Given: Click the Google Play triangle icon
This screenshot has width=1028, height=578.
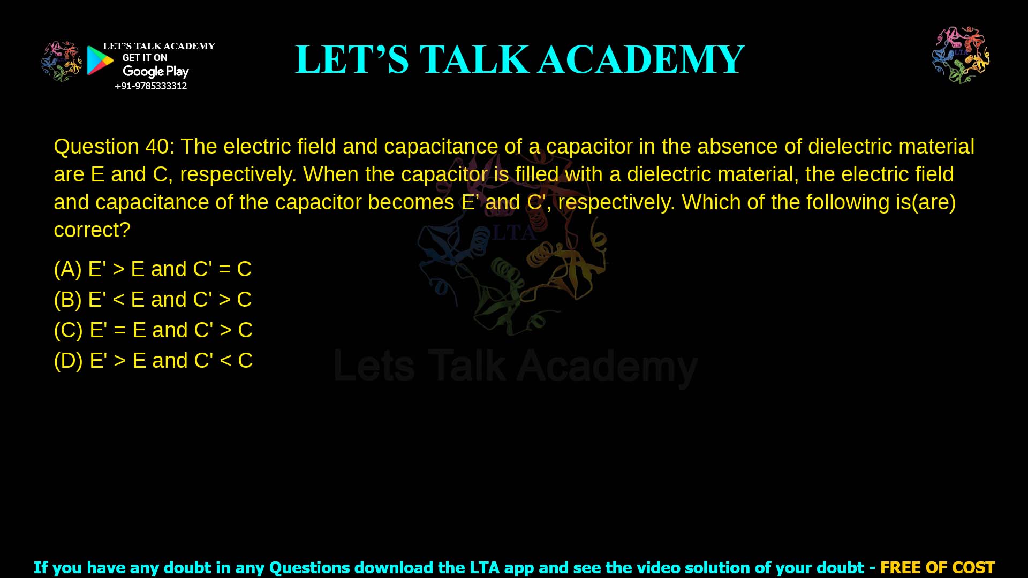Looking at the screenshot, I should coord(100,60).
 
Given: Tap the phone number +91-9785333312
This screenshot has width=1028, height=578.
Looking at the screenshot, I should coord(150,86).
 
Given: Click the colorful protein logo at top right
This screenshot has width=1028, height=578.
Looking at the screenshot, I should coord(961,55).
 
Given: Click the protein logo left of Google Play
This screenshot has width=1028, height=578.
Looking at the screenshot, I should coord(61,62).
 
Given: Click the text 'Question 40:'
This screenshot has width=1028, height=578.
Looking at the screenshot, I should coord(114,147).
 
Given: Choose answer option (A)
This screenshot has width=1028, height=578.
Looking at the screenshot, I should coord(153,269).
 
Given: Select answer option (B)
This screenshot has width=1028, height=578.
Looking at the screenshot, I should coord(153,300).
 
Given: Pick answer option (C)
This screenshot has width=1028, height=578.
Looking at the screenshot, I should coord(153,330).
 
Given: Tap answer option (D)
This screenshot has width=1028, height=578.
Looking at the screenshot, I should coord(153,361).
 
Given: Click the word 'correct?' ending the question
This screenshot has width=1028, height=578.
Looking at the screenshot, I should coord(92,230).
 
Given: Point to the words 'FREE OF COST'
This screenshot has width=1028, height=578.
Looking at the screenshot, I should coord(937,567).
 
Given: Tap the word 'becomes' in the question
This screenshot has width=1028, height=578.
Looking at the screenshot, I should coord(411,202).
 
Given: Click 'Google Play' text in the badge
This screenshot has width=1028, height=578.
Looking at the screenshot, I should coord(155,72).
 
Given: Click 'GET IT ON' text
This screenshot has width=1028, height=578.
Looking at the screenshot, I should coord(145,58).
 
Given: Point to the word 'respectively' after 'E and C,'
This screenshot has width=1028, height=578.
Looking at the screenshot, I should coord(238,174).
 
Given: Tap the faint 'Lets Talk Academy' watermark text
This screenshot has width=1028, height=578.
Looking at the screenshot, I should coord(516,367).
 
